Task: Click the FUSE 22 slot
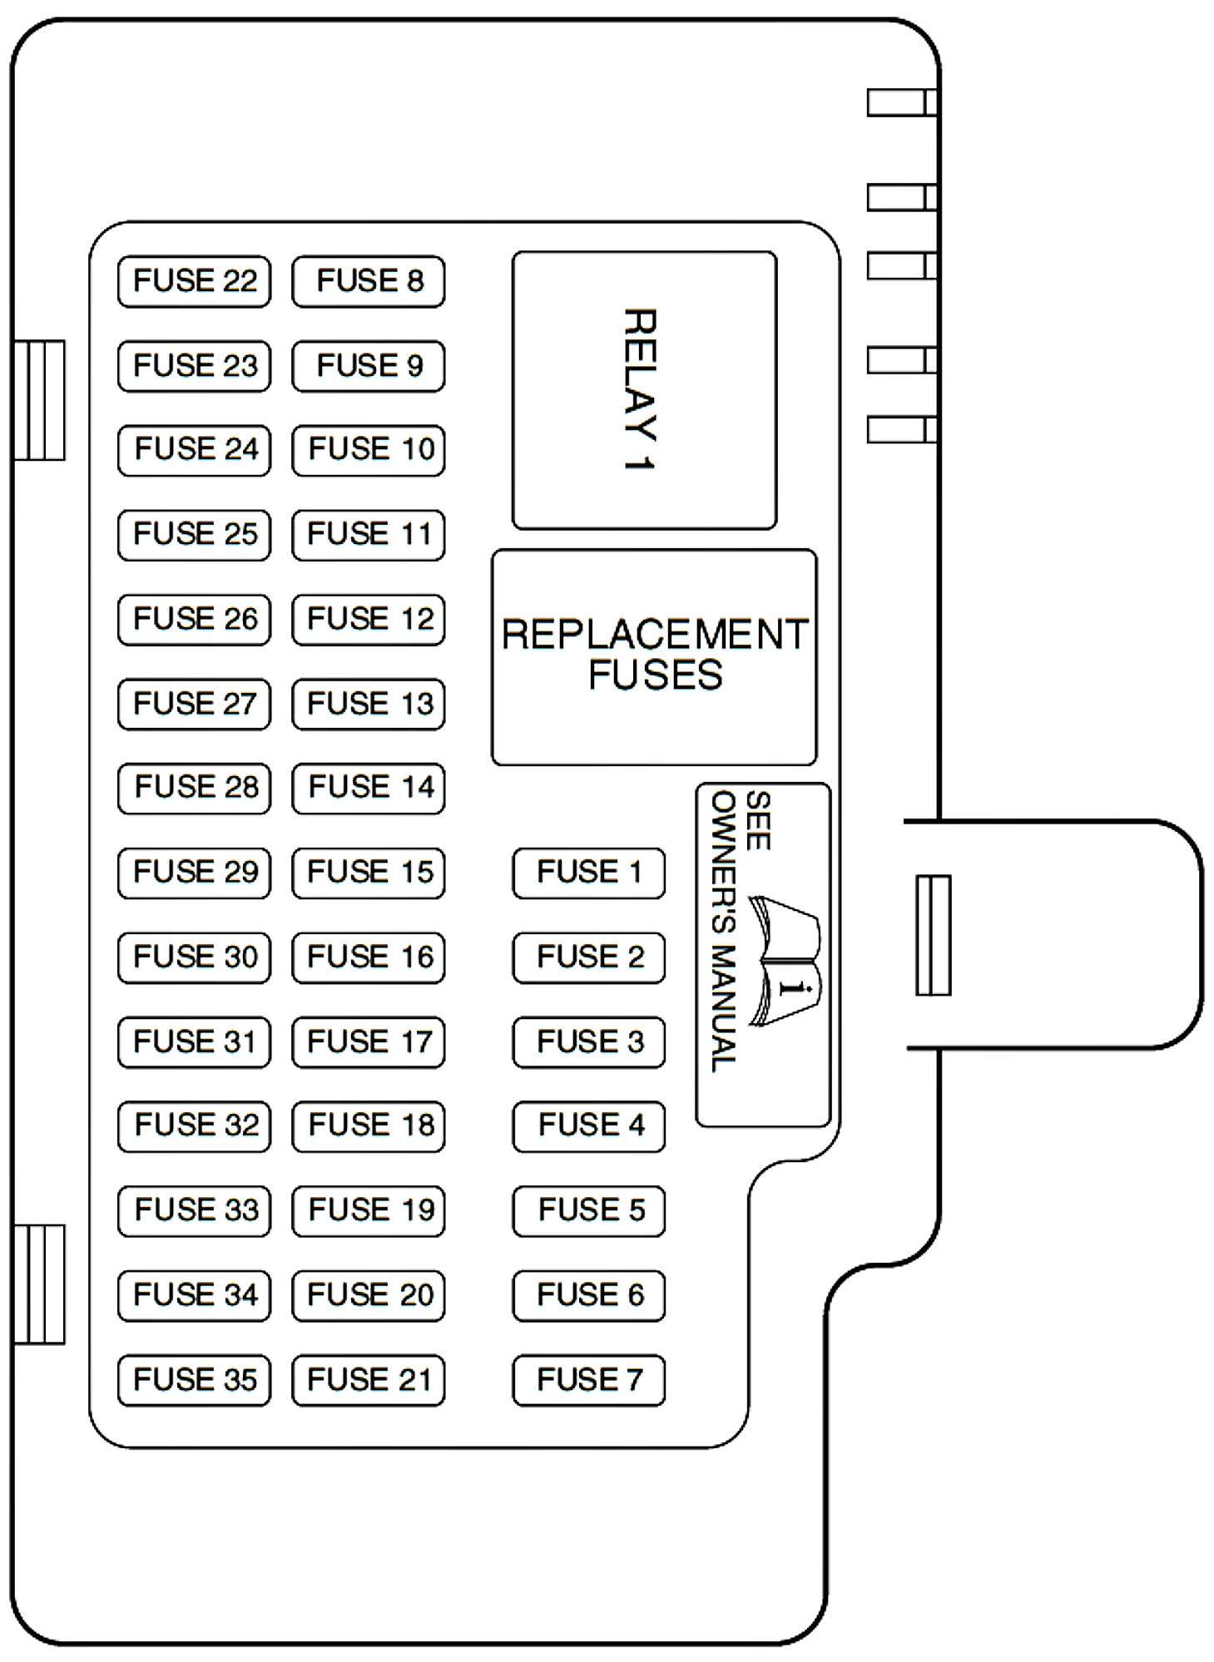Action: tap(194, 281)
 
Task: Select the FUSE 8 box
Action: tap(368, 281)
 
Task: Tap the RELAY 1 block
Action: tap(643, 389)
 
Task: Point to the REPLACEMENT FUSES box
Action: tap(654, 655)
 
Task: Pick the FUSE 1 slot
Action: tap(588, 873)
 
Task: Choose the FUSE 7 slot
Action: tap(588, 1381)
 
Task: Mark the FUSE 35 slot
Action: tap(194, 1381)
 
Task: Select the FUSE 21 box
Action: tap(368, 1381)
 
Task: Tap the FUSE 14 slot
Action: tap(368, 788)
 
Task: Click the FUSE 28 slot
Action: tap(194, 788)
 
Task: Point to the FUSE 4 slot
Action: tap(588, 1126)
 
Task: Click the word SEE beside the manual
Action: tap(757, 820)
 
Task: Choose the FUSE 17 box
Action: tap(368, 1041)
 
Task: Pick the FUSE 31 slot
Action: tap(194, 1041)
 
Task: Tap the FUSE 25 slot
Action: tap(194, 534)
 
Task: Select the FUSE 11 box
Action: tap(368, 534)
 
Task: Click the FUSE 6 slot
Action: tap(588, 1295)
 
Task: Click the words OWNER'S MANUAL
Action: tap(722, 932)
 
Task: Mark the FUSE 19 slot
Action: tap(368, 1210)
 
